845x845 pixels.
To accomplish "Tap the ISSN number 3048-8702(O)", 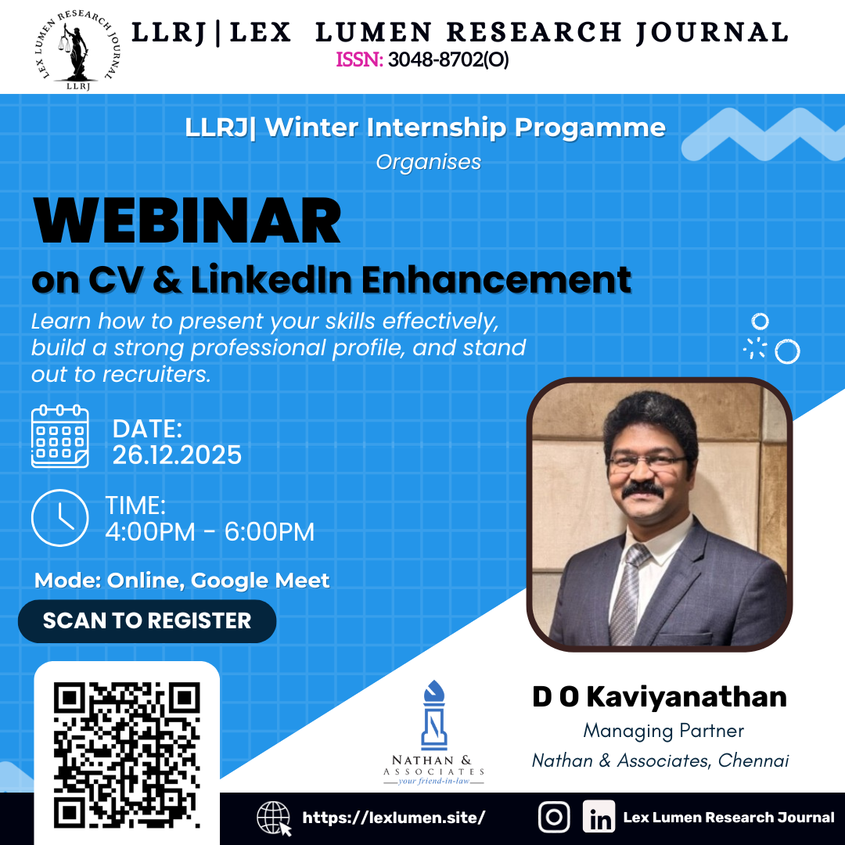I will [448, 60].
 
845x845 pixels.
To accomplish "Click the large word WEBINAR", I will [187, 222].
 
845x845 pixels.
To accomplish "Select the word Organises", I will [428, 162].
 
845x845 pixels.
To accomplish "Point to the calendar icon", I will [59, 437].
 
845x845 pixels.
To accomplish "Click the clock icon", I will [59, 518].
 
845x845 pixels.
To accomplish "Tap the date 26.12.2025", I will [177, 455].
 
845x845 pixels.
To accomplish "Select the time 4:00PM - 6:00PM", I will [210, 532].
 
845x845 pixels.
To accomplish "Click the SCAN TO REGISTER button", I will [147, 621].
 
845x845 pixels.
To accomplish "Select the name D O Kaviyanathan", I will [660, 696].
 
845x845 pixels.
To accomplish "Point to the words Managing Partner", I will [663, 731].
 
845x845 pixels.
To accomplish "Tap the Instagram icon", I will [554, 818].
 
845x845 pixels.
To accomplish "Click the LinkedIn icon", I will [599, 818].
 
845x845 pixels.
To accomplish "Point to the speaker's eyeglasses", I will [648, 461].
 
